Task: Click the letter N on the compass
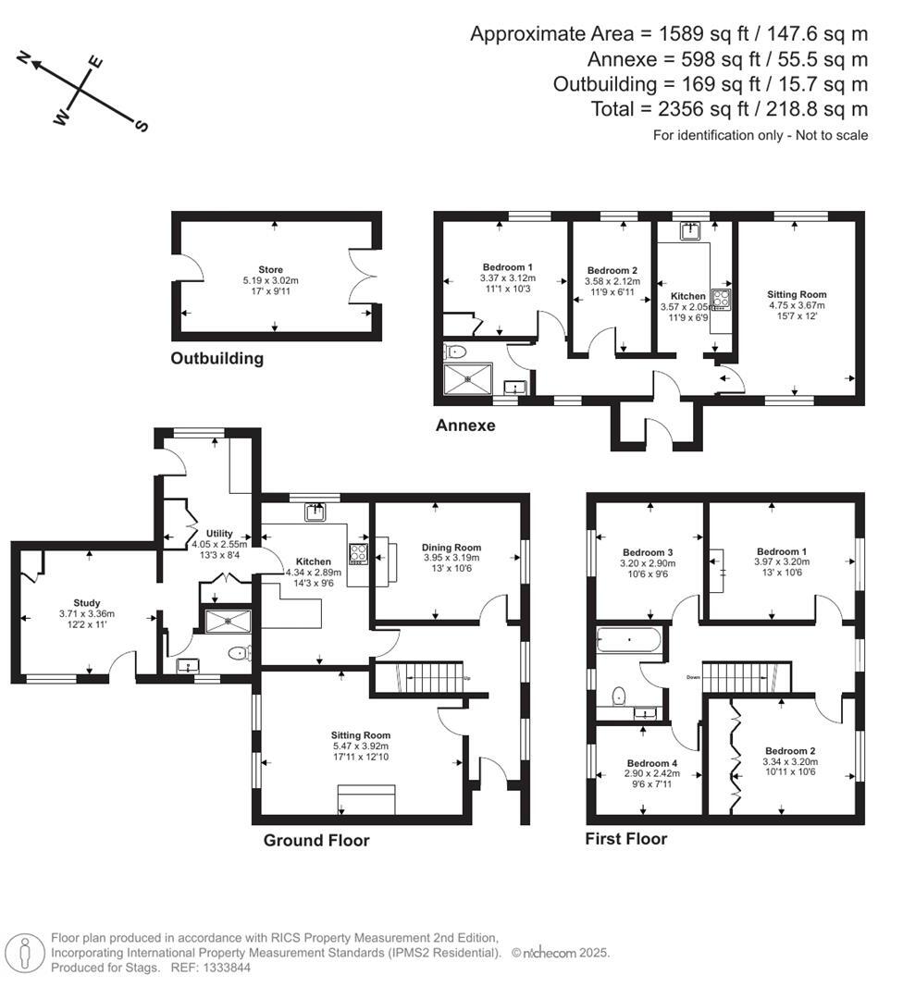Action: pyautogui.click(x=26, y=62)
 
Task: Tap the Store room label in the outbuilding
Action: pyautogui.click(x=271, y=270)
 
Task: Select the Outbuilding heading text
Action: pyautogui.click(x=216, y=358)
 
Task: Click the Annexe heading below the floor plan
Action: pyautogui.click(x=465, y=425)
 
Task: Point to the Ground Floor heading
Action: pyautogui.click(x=316, y=840)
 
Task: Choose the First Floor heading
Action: pyautogui.click(x=625, y=839)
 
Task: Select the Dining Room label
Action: pyautogui.click(x=451, y=547)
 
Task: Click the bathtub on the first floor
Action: pyautogui.click(x=629, y=639)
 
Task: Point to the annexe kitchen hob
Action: pyautogui.click(x=721, y=299)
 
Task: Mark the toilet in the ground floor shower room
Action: pyautogui.click(x=239, y=653)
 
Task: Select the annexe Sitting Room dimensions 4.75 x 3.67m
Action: pyautogui.click(x=796, y=305)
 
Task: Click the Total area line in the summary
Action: pyautogui.click(x=729, y=109)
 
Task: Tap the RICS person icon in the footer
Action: pyautogui.click(x=25, y=952)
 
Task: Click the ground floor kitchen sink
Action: pyautogui.click(x=316, y=510)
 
